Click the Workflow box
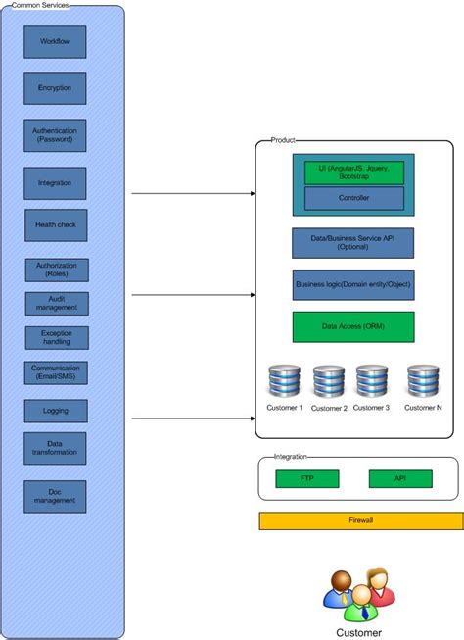click(x=56, y=42)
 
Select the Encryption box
click(x=55, y=88)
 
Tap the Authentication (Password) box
click(x=55, y=135)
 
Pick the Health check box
click(x=56, y=225)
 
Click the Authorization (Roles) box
click(x=57, y=270)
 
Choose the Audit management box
click(x=57, y=304)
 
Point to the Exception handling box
click(x=57, y=338)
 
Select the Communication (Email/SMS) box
click(x=56, y=372)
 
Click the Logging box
click(x=56, y=411)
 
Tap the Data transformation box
click(x=55, y=449)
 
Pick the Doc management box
click(x=55, y=497)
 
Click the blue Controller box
click(x=353, y=198)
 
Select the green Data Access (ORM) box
click(x=352, y=326)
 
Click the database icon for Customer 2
click(x=329, y=380)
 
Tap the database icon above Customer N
click(x=423, y=380)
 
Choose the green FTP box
click(x=307, y=478)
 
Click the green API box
click(x=399, y=478)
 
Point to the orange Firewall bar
click(x=360, y=520)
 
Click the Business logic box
click(x=352, y=285)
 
